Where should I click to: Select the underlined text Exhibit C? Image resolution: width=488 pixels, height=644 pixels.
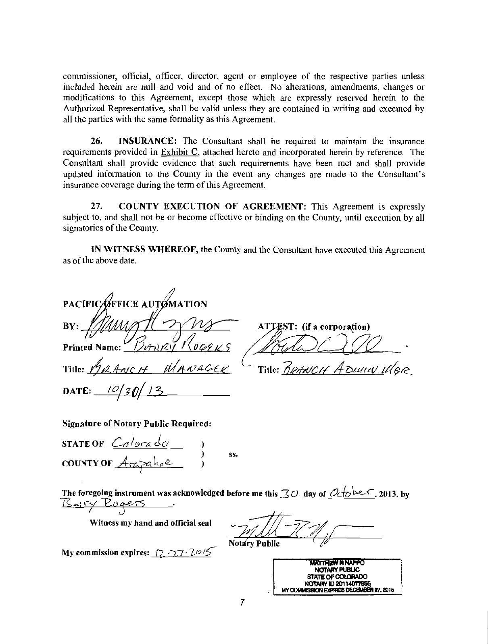click(176, 153)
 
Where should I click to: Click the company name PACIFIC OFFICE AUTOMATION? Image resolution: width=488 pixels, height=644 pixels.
click(135, 303)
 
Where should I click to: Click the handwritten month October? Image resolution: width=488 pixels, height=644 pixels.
click(351, 492)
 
